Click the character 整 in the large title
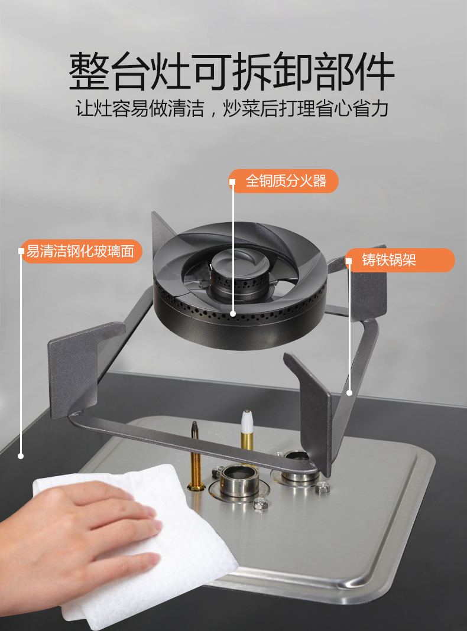(x=89, y=71)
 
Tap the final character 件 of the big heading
(x=374, y=71)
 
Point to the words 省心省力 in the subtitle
(x=352, y=108)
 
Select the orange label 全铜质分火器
(x=284, y=181)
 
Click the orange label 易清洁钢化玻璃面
(x=80, y=251)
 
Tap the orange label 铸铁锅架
(x=400, y=260)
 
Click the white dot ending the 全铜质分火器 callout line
(x=233, y=314)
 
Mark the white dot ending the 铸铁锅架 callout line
(x=349, y=393)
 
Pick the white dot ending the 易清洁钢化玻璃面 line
(x=21, y=456)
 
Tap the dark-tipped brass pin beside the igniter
(x=196, y=455)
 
